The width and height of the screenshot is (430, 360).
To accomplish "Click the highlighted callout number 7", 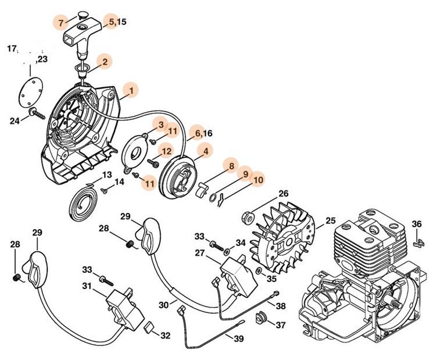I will pyautogui.click(x=62, y=23).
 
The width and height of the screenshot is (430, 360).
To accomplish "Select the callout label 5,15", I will pyautogui.click(x=117, y=22).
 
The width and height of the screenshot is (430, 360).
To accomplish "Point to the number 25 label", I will pyautogui.click(x=330, y=221).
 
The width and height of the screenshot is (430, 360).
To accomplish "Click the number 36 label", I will pyautogui.click(x=417, y=223).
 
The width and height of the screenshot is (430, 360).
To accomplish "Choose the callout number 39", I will pyautogui.click(x=239, y=338).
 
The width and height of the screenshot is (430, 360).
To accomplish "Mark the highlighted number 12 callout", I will pyautogui.click(x=166, y=151).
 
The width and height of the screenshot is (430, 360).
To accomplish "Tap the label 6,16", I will pyautogui.click(x=203, y=133).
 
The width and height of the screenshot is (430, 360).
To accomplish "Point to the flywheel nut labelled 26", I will pyautogui.click(x=246, y=217).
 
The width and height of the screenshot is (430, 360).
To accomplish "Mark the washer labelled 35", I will pyautogui.click(x=257, y=272).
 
